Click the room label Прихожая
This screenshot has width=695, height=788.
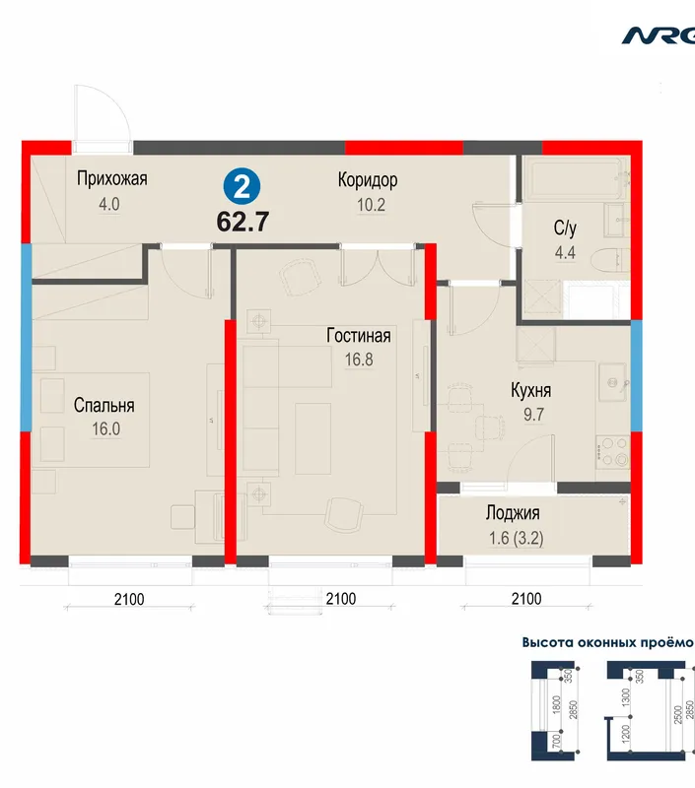[111, 178]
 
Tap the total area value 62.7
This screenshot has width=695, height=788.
[243, 222]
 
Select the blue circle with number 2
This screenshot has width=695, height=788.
[242, 187]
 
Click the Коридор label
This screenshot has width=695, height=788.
[368, 180]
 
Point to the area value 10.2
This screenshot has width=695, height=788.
[371, 205]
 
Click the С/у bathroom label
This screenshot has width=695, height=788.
[565, 229]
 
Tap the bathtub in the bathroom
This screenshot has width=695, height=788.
[574, 177]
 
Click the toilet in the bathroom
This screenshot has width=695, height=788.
[610, 261]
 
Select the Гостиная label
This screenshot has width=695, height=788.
[359, 335]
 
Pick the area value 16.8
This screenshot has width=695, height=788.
[359, 360]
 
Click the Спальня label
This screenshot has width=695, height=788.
[104, 405]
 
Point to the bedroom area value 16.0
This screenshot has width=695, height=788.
[105, 429]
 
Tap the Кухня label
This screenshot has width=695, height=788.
[531, 390]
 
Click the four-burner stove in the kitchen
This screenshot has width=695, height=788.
[613, 451]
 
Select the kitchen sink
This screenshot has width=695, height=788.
[613, 383]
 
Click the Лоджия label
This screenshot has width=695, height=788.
[513, 513]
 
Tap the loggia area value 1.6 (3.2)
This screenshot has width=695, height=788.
[517, 538]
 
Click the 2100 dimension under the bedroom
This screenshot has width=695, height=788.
[129, 599]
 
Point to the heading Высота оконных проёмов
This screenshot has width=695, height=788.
[608, 643]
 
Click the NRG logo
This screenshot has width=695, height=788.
[659, 36]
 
